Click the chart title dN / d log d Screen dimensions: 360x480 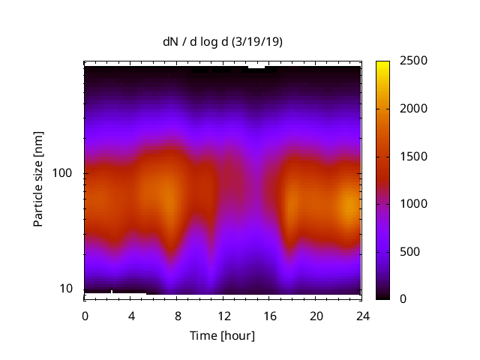198,42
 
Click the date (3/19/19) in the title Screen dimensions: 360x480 257,42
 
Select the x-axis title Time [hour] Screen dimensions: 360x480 222,335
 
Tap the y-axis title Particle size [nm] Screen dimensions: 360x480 38,182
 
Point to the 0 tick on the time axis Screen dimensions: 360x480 85,315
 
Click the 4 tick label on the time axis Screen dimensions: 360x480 131,315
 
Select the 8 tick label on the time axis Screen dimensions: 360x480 177,315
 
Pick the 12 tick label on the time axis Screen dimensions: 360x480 223,315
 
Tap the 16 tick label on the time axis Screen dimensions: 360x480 270,315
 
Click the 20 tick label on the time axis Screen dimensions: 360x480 316,315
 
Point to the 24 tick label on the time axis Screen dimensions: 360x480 362,315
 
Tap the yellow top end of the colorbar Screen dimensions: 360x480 383,64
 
